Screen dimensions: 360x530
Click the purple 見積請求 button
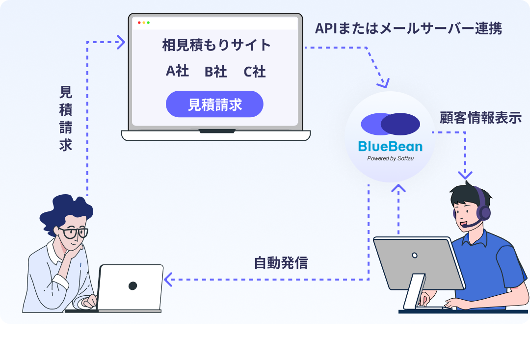pyautogui.click(x=214, y=104)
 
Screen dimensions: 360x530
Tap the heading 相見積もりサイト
pyautogui.click(x=216, y=45)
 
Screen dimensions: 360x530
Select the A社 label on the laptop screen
pyautogui.click(x=177, y=71)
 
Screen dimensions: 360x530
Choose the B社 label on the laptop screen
pyautogui.click(x=215, y=72)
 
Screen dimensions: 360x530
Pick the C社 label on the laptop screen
pyautogui.click(x=254, y=72)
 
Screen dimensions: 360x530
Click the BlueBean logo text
pyautogui.click(x=390, y=146)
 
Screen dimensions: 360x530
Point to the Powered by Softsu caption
pyautogui.click(x=390, y=158)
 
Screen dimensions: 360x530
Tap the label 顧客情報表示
pyautogui.click(x=480, y=118)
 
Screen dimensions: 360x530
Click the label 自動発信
pyautogui.click(x=281, y=263)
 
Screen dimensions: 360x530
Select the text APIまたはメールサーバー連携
pyautogui.click(x=408, y=28)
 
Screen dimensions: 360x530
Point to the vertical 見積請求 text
pyautogui.click(x=66, y=118)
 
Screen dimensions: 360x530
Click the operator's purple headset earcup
pyautogui.click(x=484, y=212)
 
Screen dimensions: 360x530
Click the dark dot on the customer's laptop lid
pyautogui.click(x=132, y=285)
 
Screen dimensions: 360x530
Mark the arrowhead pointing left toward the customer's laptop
pyautogui.click(x=168, y=280)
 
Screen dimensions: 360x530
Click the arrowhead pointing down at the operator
pyautogui.click(x=465, y=175)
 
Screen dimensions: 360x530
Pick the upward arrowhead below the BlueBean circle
pyautogui.click(x=398, y=187)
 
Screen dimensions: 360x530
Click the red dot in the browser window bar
pyautogui.click(x=139, y=23)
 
